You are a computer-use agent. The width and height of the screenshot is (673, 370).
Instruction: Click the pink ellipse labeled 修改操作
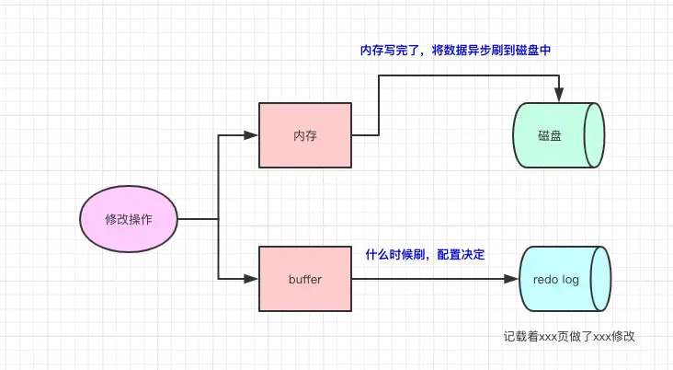point(128,219)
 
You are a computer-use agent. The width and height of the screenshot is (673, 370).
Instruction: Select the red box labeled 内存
point(305,135)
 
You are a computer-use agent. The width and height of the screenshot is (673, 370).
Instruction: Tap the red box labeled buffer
point(305,277)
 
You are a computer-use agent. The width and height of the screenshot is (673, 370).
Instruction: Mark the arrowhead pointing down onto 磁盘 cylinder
point(558,96)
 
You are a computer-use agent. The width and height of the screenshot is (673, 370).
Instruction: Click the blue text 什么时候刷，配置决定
point(425,254)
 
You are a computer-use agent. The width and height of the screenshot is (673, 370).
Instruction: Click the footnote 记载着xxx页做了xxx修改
point(569,337)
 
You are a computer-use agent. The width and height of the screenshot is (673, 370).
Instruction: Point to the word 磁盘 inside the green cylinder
point(550,135)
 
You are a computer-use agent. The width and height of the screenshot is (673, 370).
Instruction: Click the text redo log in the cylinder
point(555,279)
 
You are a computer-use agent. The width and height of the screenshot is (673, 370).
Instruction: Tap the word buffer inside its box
point(305,277)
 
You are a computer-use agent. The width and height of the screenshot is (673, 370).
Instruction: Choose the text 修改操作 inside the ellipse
point(128,219)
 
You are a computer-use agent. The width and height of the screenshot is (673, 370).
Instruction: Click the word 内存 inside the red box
point(305,135)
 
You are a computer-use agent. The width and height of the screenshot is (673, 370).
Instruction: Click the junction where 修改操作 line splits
point(218,219)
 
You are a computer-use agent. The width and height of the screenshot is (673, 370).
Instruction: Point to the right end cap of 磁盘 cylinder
point(594,135)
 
